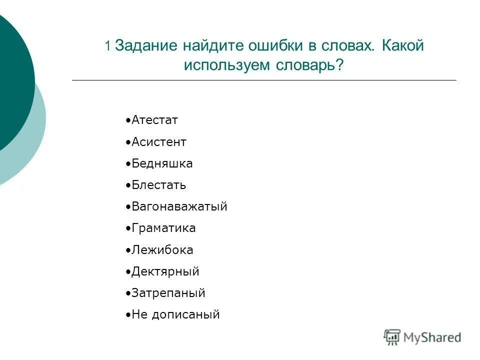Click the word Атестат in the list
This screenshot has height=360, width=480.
(x=155, y=120)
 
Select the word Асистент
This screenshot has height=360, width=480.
(x=159, y=142)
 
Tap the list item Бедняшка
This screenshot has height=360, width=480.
(x=162, y=163)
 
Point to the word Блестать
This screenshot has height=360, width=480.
(x=159, y=185)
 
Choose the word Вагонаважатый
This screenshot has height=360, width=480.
(x=179, y=206)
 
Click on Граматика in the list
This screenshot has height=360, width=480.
(x=163, y=228)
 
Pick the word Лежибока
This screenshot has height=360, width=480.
(x=162, y=250)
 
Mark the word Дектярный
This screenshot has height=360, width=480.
(x=165, y=271)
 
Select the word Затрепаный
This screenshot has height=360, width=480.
(x=168, y=293)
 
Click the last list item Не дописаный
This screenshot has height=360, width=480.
(x=175, y=314)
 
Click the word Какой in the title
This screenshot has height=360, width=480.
(x=403, y=46)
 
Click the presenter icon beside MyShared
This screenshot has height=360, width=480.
(x=392, y=337)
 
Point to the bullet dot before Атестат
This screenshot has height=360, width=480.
(x=128, y=121)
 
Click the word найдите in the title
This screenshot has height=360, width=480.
(x=210, y=46)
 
